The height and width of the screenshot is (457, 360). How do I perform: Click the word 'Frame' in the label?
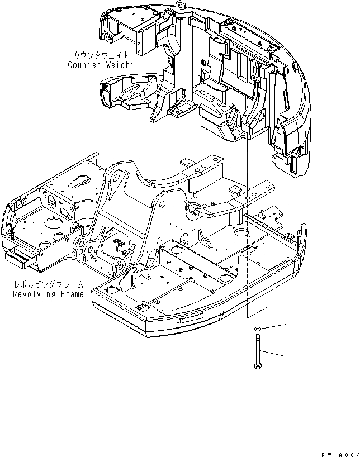pos(72,294)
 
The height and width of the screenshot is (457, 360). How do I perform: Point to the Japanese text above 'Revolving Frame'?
pos(49,285)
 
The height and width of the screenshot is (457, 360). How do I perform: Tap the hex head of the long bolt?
pos(257,366)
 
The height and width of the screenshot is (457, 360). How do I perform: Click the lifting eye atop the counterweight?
pos(180,5)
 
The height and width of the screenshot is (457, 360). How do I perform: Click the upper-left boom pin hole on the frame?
pos(116,177)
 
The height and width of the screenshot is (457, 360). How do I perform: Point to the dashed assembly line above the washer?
pos(268,251)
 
